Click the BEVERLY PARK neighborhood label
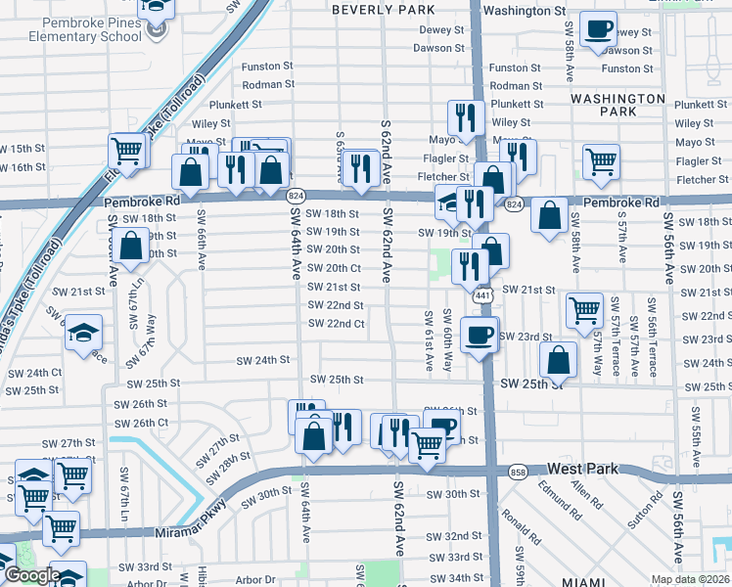coord(383,9)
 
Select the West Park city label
coord(582,470)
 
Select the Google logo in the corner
coord(32,575)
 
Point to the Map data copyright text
coord(690,579)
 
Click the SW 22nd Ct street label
coord(336,324)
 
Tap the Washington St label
coord(525,10)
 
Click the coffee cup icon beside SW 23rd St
coord(479,334)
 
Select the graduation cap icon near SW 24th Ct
coord(84,332)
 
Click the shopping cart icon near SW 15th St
coord(127,150)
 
